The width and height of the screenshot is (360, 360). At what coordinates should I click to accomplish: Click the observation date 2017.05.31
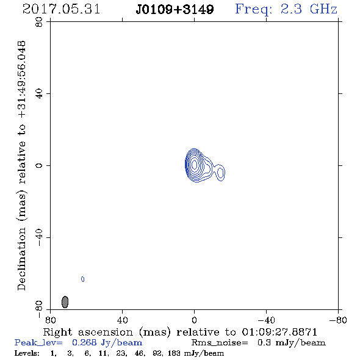tap(61, 9)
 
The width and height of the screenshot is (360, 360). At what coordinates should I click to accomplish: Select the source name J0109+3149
tap(175, 9)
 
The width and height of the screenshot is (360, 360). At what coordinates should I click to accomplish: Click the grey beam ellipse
tap(65, 302)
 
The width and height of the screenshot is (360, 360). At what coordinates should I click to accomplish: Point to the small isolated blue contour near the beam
tap(82, 279)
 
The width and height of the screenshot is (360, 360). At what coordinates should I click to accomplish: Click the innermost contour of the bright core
tap(195, 164)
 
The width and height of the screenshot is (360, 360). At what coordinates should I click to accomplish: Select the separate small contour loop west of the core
tap(220, 173)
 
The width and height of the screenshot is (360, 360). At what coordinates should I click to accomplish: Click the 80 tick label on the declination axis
tap(39, 22)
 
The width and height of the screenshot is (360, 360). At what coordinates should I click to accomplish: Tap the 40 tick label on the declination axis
tap(39, 94)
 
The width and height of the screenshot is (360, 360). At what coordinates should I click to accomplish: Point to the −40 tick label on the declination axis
tap(39, 237)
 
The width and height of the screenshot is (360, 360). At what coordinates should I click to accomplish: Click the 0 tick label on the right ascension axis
tap(194, 320)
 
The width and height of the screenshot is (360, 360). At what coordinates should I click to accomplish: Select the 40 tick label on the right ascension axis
tap(123, 320)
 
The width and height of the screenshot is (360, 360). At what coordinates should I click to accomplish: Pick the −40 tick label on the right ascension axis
tap(266, 320)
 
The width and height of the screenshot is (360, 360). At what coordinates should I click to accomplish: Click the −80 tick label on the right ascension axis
tap(338, 320)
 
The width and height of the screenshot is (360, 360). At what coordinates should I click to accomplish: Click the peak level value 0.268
tap(84, 342)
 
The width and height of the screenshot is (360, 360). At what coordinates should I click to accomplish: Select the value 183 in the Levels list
tap(174, 353)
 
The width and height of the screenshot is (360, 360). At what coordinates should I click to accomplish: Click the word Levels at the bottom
tap(27, 353)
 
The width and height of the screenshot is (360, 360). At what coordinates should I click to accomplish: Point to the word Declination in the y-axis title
tap(21, 259)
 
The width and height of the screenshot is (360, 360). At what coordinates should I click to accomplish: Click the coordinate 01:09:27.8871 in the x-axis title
tap(279, 332)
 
